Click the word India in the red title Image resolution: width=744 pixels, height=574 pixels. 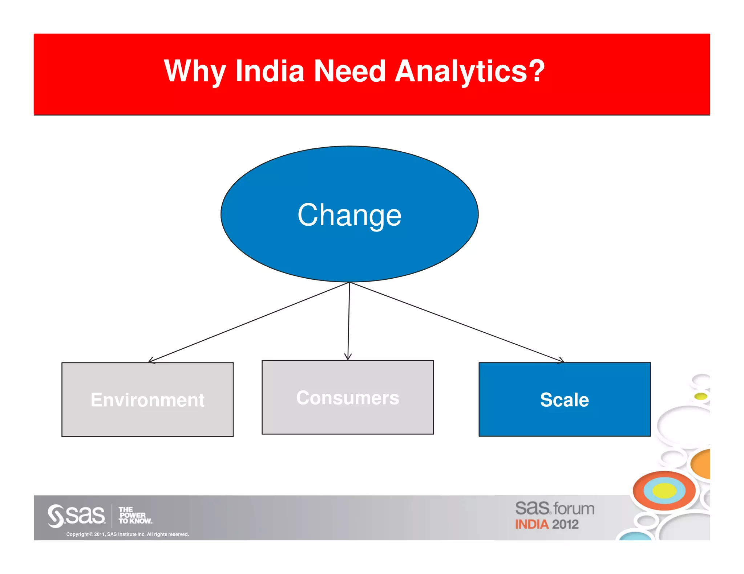point(270,71)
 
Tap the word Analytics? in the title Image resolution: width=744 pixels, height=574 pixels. point(469,71)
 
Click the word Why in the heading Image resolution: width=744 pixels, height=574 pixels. point(195,71)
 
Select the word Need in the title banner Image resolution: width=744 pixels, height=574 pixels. point(349,71)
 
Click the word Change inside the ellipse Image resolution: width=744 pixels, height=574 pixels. point(349,215)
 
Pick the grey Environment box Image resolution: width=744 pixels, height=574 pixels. point(147,399)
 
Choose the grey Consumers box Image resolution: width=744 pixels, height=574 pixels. point(348,397)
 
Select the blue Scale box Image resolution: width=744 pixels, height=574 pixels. point(565,399)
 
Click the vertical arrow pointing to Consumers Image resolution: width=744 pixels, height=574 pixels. point(349,321)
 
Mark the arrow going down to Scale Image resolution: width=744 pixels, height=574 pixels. point(457,322)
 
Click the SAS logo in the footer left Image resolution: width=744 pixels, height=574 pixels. point(76,515)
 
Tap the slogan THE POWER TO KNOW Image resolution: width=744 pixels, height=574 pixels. point(135,516)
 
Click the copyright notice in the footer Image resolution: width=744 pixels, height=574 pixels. point(128,534)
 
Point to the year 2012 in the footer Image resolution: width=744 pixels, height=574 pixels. point(565,524)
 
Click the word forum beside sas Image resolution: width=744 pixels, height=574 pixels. point(574,509)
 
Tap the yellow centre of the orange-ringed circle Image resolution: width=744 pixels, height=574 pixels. point(664,491)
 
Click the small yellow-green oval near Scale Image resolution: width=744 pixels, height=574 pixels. point(701,396)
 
